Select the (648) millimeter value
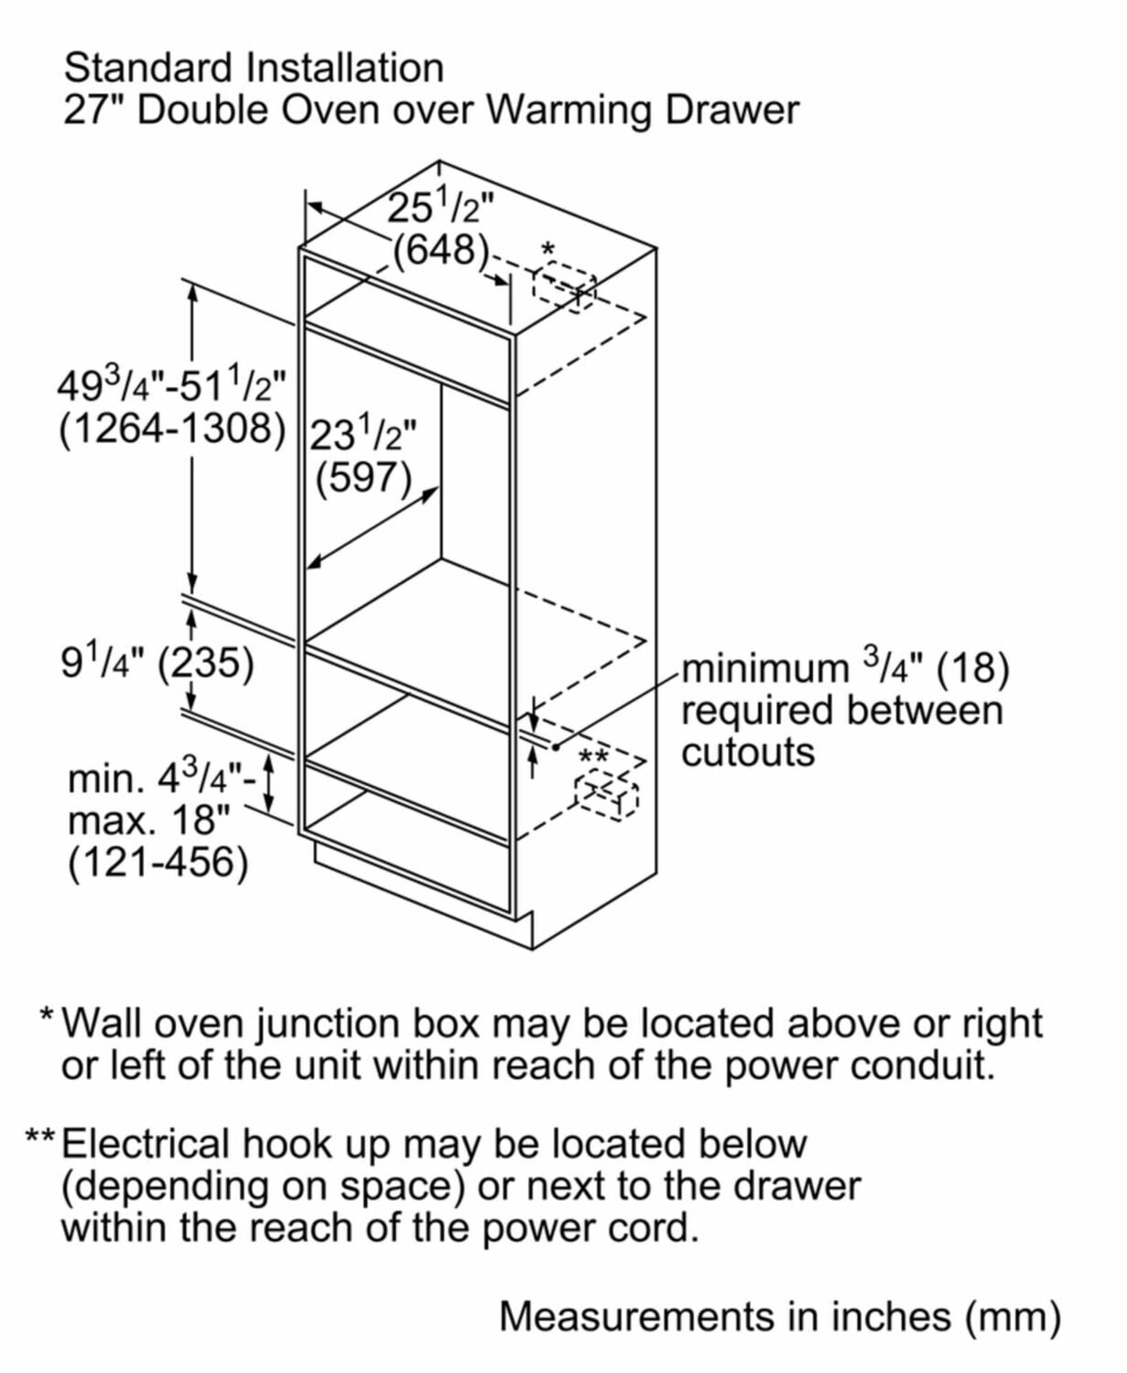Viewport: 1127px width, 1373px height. [x=440, y=249]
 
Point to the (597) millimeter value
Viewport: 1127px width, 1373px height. [x=363, y=476]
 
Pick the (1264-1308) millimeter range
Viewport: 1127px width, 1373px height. [x=172, y=427]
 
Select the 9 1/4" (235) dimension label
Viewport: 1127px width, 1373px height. [x=157, y=663]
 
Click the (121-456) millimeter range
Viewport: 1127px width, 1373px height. [x=157, y=862]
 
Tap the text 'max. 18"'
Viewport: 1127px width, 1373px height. [x=148, y=820]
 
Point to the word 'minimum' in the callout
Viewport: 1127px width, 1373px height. [x=765, y=668]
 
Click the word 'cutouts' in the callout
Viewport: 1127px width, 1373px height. [x=747, y=752]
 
